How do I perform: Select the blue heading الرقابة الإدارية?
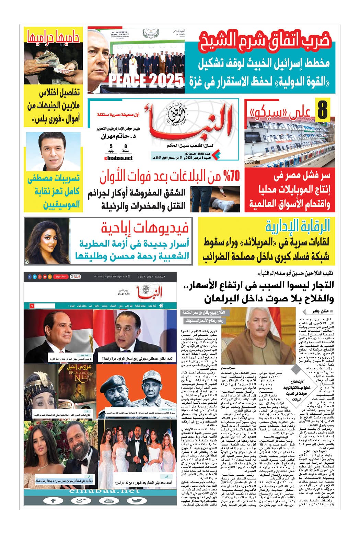click(x=297, y=227)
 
